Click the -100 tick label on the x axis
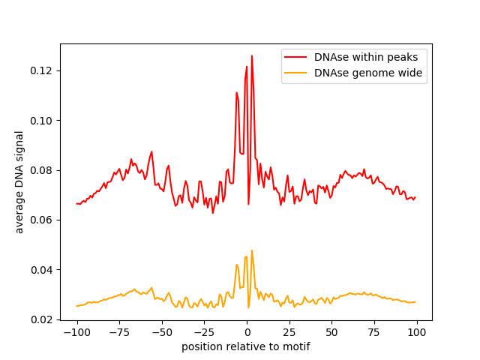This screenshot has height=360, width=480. click(x=76, y=332)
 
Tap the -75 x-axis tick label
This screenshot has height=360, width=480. click(x=119, y=332)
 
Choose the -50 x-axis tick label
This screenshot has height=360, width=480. click(x=162, y=332)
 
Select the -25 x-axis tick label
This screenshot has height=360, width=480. click(x=204, y=332)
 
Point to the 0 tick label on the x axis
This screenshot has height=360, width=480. click(x=247, y=332)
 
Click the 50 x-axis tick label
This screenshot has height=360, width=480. click(x=331, y=332)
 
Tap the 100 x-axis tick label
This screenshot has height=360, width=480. click(x=416, y=332)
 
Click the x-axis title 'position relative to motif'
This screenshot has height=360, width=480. click(x=246, y=346)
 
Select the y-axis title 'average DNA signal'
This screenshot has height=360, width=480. click(x=19, y=182)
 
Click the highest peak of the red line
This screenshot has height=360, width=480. click(x=252, y=55)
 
